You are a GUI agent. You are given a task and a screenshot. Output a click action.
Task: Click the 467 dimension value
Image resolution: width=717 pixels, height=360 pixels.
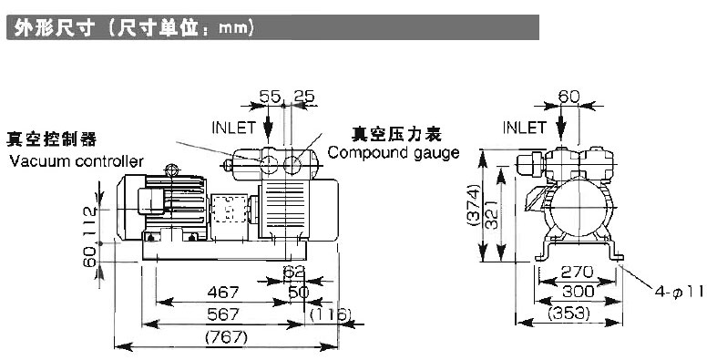click(x=222, y=292)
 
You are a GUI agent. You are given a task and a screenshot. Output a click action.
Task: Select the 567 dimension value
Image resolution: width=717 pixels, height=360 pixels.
click(x=222, y=314)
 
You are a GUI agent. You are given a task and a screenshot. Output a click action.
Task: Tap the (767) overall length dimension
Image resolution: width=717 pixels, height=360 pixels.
click(x=226, y=337)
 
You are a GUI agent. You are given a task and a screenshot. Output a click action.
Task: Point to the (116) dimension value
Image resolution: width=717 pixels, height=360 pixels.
click(x=331, y=314)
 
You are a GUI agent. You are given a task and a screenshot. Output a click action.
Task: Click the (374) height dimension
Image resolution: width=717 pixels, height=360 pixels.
click(x=474, y=204)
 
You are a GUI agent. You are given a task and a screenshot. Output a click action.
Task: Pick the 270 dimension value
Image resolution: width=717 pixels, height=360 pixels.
click(x=577, y=273)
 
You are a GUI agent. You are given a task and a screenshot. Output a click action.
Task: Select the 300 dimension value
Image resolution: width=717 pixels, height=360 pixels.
click(x=578, y=291)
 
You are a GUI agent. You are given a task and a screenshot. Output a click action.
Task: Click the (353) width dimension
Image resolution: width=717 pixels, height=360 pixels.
click(x=568, y=314)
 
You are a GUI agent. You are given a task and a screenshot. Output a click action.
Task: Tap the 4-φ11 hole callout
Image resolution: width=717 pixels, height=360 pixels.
click(x=680, y=292)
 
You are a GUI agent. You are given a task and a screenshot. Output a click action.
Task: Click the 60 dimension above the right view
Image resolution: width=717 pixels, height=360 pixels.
click(x=568, y=97)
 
